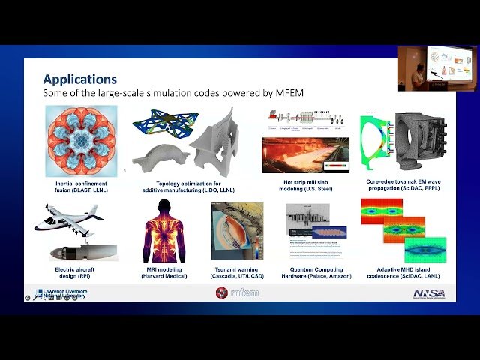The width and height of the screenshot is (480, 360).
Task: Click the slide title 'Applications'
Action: tap(79, 79)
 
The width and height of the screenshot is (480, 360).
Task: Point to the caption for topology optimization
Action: tap(189, 187)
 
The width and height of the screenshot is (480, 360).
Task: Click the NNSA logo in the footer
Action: tap(428, 292)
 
